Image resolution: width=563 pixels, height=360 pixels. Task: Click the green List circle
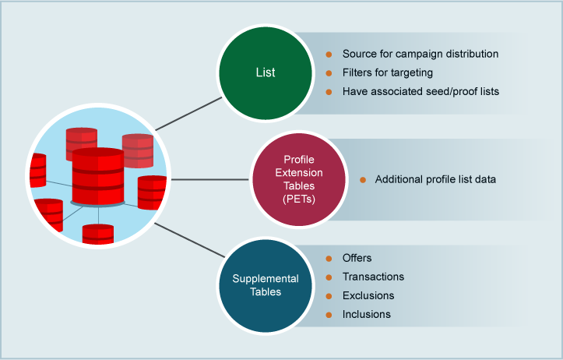pyautogui.click(x=266, y=72)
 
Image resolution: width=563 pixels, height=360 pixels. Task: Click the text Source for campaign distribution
pyautogui.click(x=420, y=55)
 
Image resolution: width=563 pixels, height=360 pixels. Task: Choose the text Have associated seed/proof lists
pyautogui.click(x=420, y=91)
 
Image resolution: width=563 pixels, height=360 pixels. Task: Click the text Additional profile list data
pyautogui.click(x=435, y=179)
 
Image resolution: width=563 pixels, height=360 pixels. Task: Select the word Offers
pyautogui.click(x=357, y=258)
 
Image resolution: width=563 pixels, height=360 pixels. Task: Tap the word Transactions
pyautogui.click(x=373, y=277)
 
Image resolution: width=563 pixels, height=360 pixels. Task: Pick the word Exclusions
pyautogui.click(x=368, y=295)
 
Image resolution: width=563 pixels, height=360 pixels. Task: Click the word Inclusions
pyautogui.click(x=367, y=314)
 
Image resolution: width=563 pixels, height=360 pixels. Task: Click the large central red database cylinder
pyautogui.click(x=98, y=176)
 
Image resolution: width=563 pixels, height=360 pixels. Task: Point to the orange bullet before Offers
pyautogui.click(x=328, y=258)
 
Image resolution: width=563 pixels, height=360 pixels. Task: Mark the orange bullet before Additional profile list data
pyautogui.click(x=362, y=180)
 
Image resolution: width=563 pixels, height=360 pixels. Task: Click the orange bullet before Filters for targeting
pyautogui.click(x=328, y=72)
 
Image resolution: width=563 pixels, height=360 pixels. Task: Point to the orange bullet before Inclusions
pyautogui.click(x=328, y=314)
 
